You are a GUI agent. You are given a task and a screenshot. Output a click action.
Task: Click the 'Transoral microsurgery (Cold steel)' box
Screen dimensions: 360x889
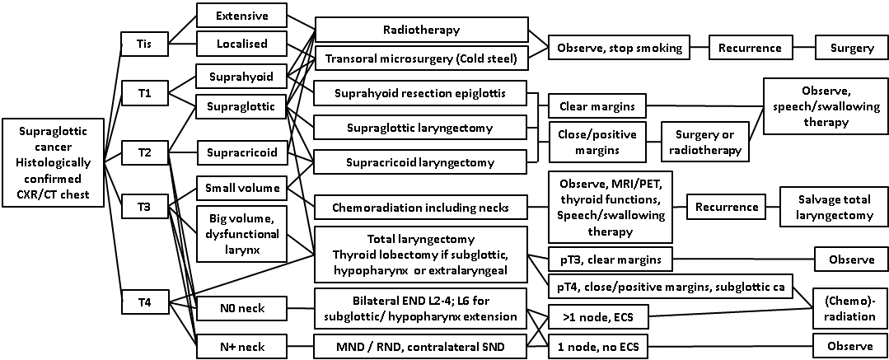pyautogui.click(x=420, y=58)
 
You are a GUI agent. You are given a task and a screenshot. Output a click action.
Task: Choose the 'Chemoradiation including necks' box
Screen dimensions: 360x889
pyautogui.click(x=420, y=206)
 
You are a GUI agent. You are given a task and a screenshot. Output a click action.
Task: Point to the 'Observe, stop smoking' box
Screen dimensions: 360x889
pyautogui.click(x=620, y=48)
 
